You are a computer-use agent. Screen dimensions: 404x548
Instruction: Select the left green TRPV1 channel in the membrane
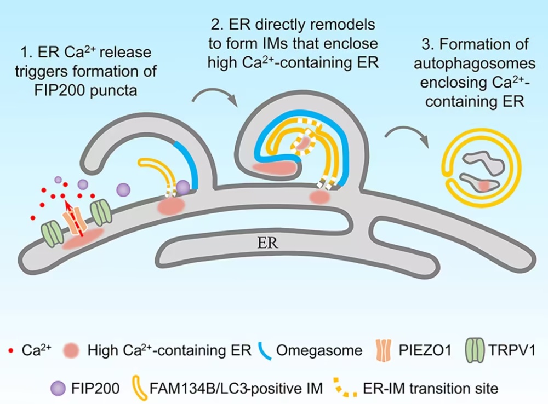tap(52, 232)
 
